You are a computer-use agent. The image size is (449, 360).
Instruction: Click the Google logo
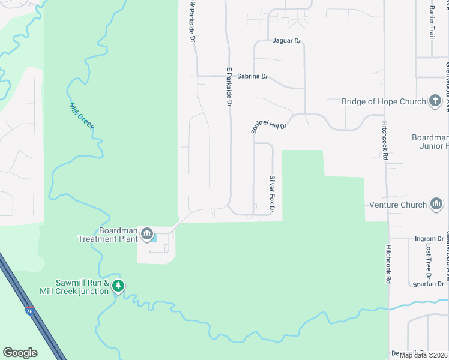pyautogui.click(x=20, y=352)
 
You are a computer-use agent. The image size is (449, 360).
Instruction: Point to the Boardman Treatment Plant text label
pyautogui.click(x=107, y=235)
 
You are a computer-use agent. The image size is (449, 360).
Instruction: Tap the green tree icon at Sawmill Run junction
pyautogui.click(x=119, y=287)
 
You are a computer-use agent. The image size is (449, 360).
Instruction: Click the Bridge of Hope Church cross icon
pyautogui.click(x=436, y=101)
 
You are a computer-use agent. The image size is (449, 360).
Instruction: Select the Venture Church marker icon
pyautogui.click(x=436, y=205)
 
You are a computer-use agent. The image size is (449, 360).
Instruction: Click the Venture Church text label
pyautogui.click(x=397, y=205)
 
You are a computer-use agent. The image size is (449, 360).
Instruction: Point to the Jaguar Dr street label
pyautogui.click(x=286, y=41)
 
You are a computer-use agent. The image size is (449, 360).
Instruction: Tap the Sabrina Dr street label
pyautogui.click(x=252, y=77)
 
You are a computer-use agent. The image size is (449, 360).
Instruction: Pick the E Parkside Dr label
pyautogui.click(x=229, y=86)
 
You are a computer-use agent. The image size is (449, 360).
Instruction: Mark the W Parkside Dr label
pyautogui.click(x=193, y=21)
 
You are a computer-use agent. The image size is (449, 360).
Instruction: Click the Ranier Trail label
pyautogui.click(x=432, y=23)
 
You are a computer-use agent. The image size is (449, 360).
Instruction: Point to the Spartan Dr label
pyautogui.click(x=429, y=284)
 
